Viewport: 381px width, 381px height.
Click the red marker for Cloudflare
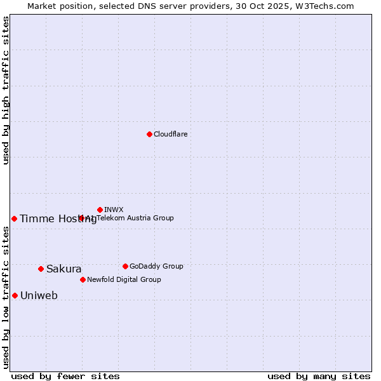(x=149, y=134)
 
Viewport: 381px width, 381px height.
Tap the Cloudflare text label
(x=170, y=134)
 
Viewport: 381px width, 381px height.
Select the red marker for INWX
(x=100, y=210)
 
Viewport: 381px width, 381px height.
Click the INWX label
(x=114, y=210)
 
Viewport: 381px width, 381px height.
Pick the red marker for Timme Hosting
(x=14, y=218)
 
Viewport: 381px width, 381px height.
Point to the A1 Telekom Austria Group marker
(x=81, y=218)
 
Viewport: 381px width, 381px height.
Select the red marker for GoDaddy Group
(x=125, y=266)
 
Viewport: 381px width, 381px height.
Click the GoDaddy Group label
(x=156, y=266)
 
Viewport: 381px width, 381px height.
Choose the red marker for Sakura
(x=41, y=269)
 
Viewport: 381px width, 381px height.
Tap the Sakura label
(x=63, y=269)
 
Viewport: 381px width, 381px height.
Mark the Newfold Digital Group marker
(x=83, y=279)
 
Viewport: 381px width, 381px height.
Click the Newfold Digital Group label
(x=124, y=279)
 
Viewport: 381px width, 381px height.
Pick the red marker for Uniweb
(x=15, y=295)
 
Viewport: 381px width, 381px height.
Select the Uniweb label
(x=39, y=296)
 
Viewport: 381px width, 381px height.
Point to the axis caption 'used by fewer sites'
(x=65, y=376)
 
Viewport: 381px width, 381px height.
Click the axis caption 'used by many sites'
(x=319, y=376)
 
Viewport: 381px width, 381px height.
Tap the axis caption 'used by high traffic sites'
(x=6, y=90)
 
